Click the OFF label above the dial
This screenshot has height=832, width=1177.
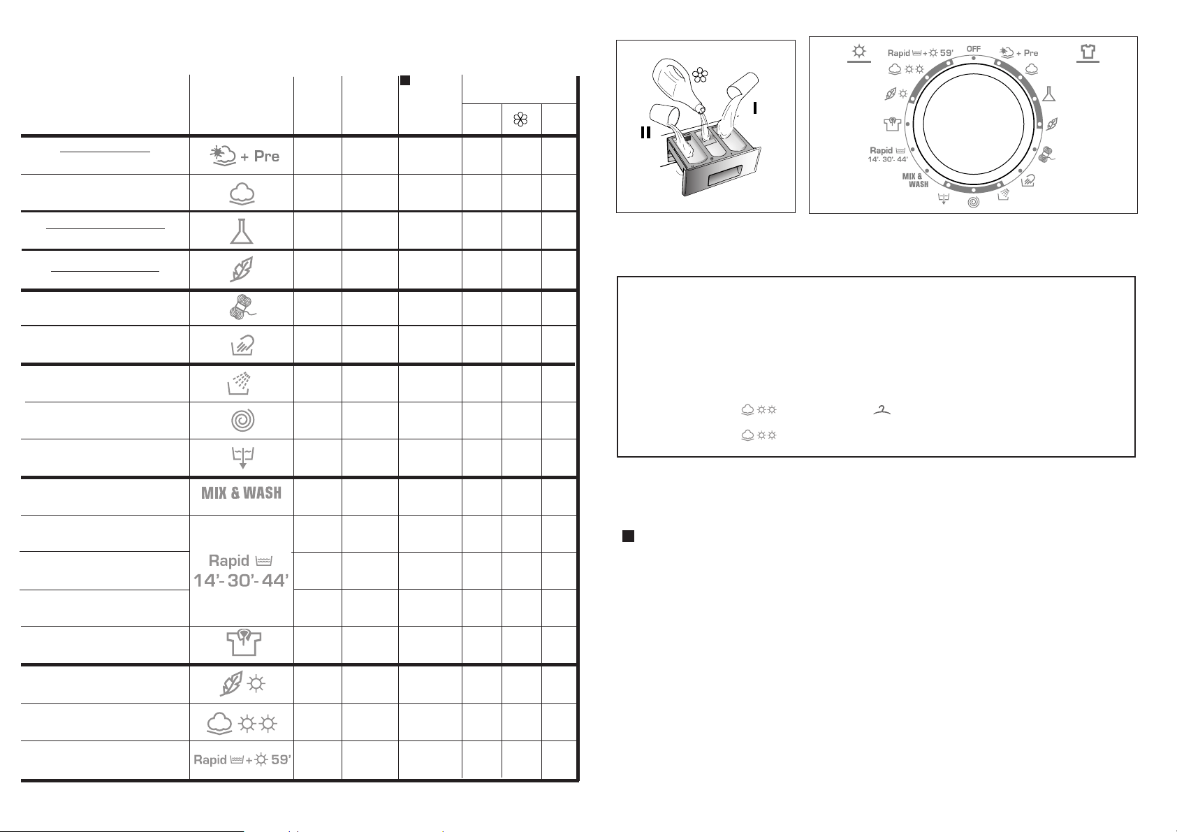click(973, 49)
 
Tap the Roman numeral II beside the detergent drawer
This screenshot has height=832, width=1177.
click(645, 133)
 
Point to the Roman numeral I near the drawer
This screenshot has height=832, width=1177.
click(755, 108)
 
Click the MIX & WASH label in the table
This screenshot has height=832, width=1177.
click(241, 493)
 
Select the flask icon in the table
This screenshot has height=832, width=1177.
click(242, 231)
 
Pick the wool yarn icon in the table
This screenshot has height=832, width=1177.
click(242, 307)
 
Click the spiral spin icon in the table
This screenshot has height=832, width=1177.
click(243, 421)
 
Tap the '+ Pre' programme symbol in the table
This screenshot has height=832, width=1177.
click(244, 156)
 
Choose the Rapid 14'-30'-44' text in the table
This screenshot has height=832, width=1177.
click(241, 571)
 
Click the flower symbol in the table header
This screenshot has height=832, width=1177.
click(520, 120)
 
